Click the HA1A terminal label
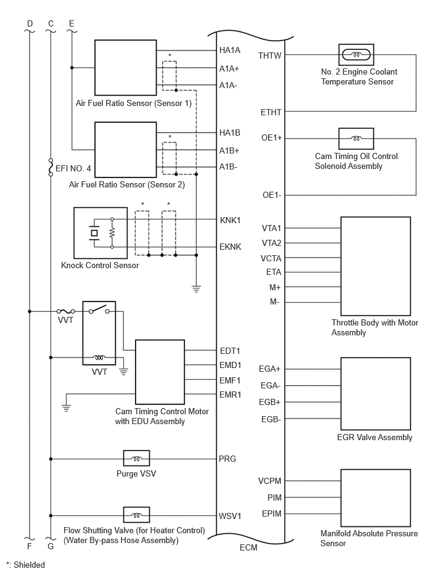pyautogui.click(x=230, y=51)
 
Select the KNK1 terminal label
pyautogui.click(x=230, y=220)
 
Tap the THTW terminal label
pyautogui.click(x=270, y=55)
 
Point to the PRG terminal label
pyautogui.click(x=227, y=459)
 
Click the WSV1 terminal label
pyautogui.click(x=230, y=516)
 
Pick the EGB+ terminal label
pyautogui.click(x=269, y=402)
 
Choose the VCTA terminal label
pyautogui.click(x=271, y=258)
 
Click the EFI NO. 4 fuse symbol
pyautogui.click(x=51, y=168)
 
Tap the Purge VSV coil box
pyautogui.click(x=136, y=459)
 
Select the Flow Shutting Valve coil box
pyautogui.click(x=136, y=515)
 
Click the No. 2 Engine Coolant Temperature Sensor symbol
pyautogui.click(x=356, y=55)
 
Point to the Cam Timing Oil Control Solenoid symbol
pyautogui.click(x=356, y=139)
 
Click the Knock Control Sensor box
pyautogui.click(x=100, y=233)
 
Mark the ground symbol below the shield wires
pyautogui.click(x=196, y=288)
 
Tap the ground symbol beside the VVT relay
pyautogui.click(x=123, y=371)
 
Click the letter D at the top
pyautogui.click(x=30, y=24)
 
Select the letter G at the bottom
pyautogui.click(x=51, y=546)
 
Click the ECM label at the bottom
pyautogui.click(x=249, y=547)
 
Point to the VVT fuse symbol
pyautogui.click(x=65, y=311)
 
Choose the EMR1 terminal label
pyautogui.click(x=230, y=395)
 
